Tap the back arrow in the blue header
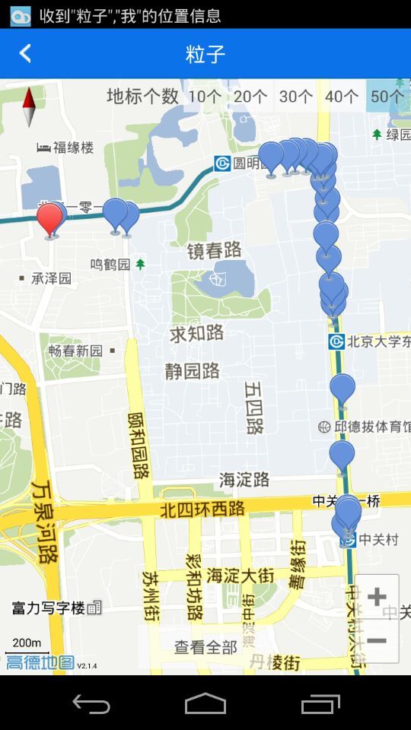[x=25, y=53]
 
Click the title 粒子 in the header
[x=205, y=54]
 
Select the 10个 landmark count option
[x=205, y=97]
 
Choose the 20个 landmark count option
[x=250, y=97]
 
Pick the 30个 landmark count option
[x=296, y=97]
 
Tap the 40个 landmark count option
[x=342, y=97]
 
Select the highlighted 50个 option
[x=387, y=97]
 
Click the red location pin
[x=50, y=219]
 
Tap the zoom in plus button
[x=377, y=597]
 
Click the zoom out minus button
[x=377, y=641]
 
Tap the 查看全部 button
[x=205, y=647]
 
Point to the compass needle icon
[x=30, y=107]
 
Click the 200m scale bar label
[x=27, y=643]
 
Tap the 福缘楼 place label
[x=73, y=147]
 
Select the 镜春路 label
[x=215, y=249]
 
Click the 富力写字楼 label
[x=49, y=608]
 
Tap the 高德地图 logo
[x=40, y=662]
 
